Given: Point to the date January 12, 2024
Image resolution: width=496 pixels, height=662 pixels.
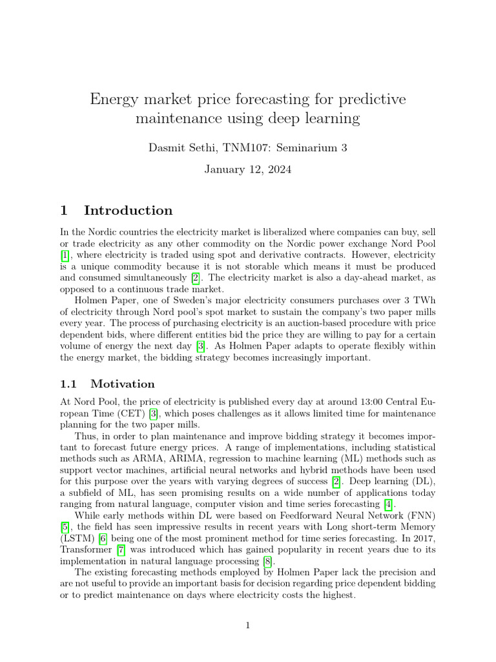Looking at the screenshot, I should pos(247,170).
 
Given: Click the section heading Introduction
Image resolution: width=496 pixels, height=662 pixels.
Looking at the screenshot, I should pos(129,210).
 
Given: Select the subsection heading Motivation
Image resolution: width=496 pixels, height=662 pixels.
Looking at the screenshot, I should pos(123,384).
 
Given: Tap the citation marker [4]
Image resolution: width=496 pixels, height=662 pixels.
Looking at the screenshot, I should pos(387,504).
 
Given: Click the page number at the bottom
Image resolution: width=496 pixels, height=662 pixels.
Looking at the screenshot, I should pos(247,625).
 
